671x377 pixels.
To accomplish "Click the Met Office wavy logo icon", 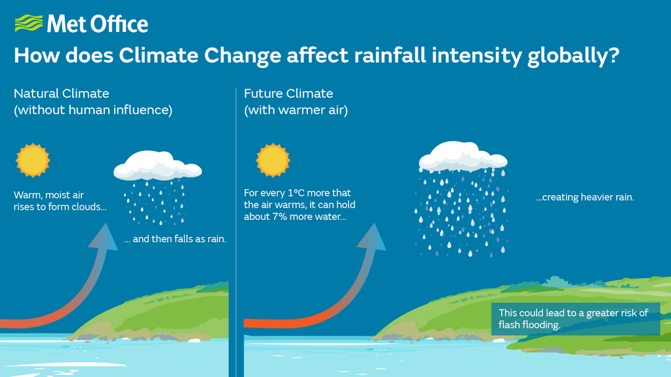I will tap(28, 25).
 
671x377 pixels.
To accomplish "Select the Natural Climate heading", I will tap(62, 94).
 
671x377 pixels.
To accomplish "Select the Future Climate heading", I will tap(288, 94).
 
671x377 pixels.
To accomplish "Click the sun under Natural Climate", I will tap(33, 160).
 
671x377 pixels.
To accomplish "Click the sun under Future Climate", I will tap(273, 160).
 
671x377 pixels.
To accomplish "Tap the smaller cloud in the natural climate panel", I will tap(157, 167).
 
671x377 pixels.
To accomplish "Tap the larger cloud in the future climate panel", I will tap(463, 156).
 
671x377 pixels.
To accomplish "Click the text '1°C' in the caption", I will tap(297, 193).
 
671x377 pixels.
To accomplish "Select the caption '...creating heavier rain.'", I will tap(585, 197).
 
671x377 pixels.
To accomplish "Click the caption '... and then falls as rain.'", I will tap(175, 239).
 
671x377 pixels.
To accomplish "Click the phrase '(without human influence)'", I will tap(93, 110).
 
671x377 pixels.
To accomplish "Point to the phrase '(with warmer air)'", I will tap(296, 110).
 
